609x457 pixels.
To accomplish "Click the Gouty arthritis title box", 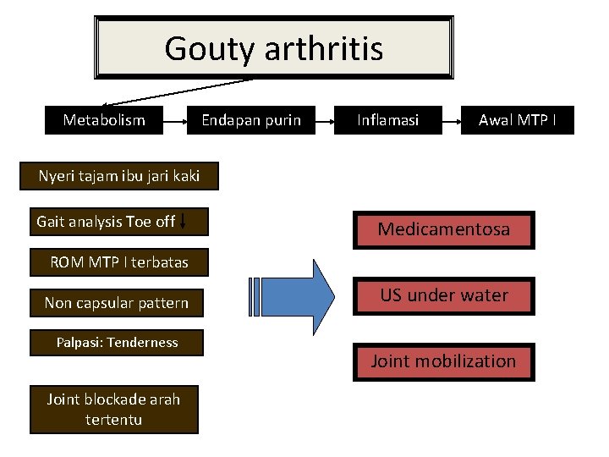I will pos(273,48).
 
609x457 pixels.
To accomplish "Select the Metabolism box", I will pos(103,120).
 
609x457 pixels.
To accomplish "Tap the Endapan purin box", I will pos(250,120).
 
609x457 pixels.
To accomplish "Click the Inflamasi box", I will pos(387,120).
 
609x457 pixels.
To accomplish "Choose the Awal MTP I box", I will pos(518,120).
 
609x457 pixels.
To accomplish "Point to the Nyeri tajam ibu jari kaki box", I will pos(118,176).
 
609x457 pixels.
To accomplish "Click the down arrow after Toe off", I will pos(184,222).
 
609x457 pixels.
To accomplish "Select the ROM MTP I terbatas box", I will pos(118,262).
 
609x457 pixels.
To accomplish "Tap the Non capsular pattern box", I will pos(117,303).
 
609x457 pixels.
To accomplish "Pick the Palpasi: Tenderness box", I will pos(117,343).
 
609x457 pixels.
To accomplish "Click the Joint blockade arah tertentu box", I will pos(114,409).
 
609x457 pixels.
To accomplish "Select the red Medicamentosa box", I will pos(443,229).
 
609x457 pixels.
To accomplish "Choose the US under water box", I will pos(443,295).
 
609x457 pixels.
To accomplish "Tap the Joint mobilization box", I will pos(443,361).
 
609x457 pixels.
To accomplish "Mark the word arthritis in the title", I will pos(324,48).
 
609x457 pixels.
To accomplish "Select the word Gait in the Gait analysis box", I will pos(51,222).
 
